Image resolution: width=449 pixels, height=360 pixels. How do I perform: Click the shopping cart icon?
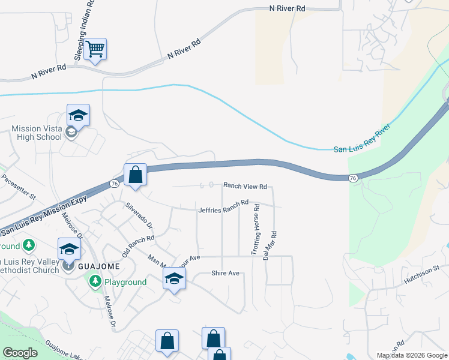click(x=95, y=49)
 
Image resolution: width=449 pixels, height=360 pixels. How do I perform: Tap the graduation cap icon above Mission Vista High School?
click(x=78, y=115)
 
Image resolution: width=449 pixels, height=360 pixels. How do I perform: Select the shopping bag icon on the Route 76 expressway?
click(x=136, y=175)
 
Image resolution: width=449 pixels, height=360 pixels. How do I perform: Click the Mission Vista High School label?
click(x=37, y=133)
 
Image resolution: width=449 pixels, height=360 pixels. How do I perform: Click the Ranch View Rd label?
click(x=245, y=187)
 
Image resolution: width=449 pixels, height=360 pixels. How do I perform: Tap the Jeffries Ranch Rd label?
click(x=223, y=206)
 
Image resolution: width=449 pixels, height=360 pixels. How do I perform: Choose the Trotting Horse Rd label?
click(x=256, y=228)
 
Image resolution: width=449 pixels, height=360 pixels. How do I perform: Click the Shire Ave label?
click(x=225, y=273)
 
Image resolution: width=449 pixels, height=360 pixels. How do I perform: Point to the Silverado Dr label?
click(x=139, y=217)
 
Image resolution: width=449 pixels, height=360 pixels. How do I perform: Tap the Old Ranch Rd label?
click(x=138, y=245)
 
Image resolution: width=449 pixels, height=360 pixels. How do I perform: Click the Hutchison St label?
click(x=422, y=274)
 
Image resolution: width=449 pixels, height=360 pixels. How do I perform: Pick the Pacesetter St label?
click(x=19, y=187)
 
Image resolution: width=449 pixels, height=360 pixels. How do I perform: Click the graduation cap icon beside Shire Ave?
click(x=174, y=279)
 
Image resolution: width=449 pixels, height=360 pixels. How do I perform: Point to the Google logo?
click(x=20, y=353)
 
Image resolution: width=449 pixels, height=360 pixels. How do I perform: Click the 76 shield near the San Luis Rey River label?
click(x=354, y=178)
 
